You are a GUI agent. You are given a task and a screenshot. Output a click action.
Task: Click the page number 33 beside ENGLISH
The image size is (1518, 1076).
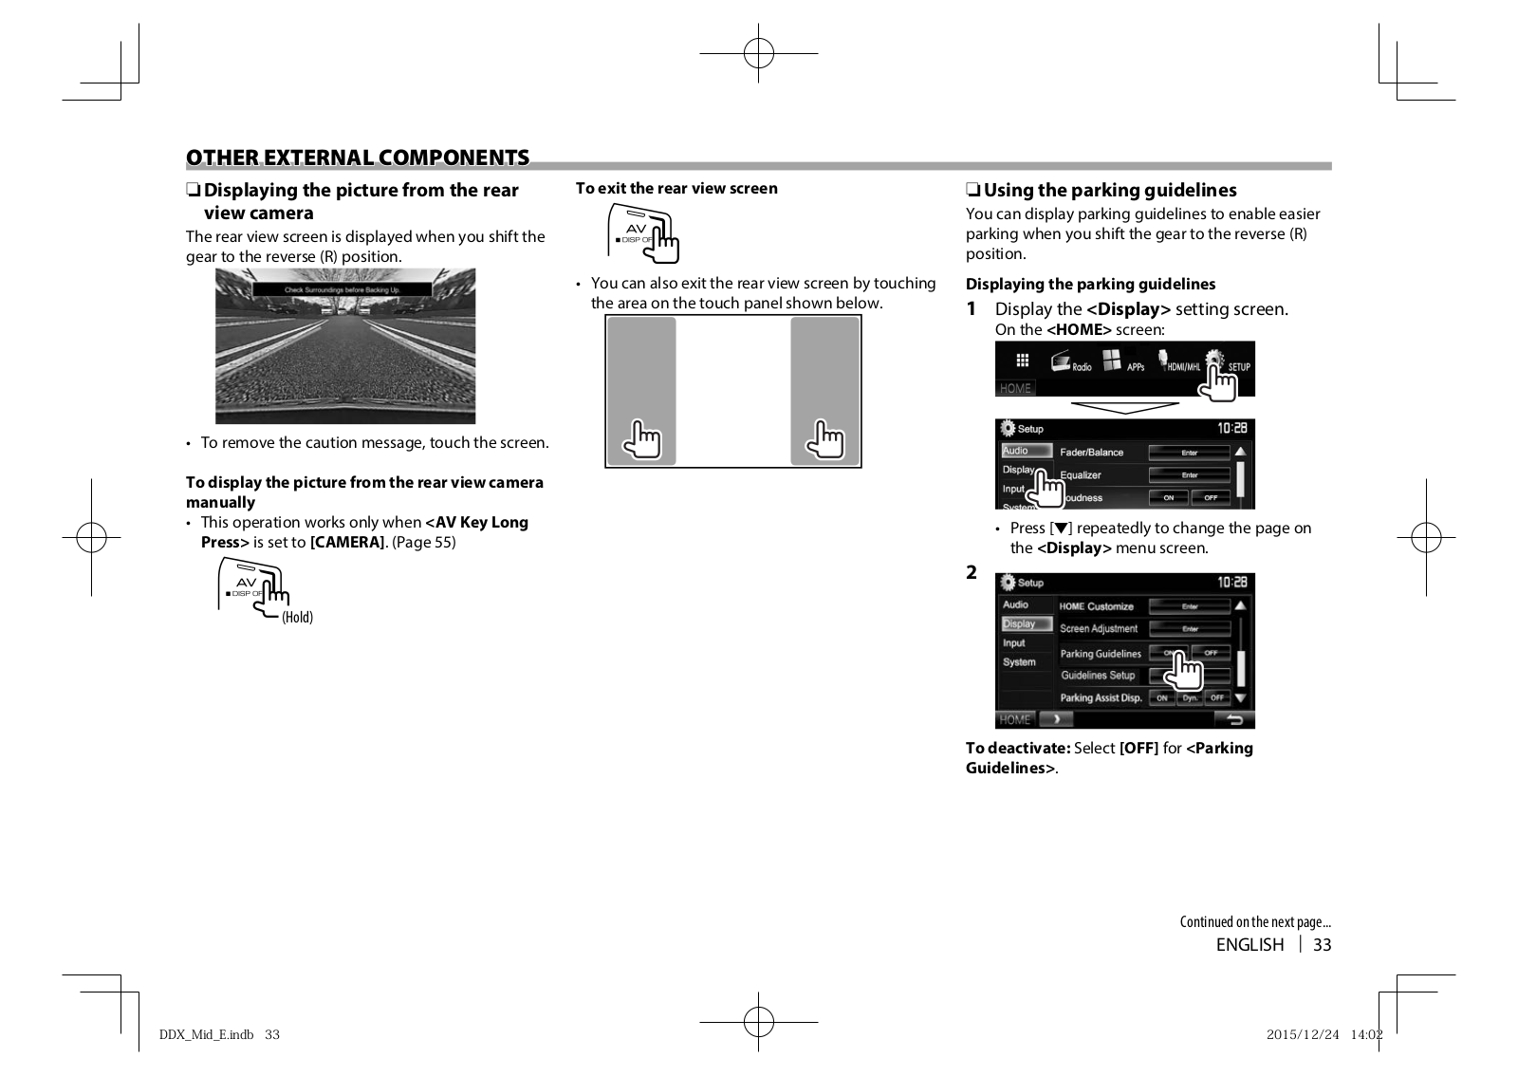coord(1322,945)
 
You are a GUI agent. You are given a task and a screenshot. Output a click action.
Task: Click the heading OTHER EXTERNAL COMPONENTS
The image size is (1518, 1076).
coord(358,158)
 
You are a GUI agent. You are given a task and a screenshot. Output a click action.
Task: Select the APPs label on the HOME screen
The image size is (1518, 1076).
coord(1136,367)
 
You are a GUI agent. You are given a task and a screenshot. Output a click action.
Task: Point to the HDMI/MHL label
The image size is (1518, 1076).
coord(1183,367)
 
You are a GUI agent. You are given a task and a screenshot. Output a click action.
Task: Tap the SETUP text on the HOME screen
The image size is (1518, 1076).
coord(1239,367)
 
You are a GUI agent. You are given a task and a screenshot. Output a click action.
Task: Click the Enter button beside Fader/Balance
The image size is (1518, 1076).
coord(1189,453)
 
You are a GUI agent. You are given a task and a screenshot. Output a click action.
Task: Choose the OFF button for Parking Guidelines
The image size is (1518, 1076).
coord(1211,653)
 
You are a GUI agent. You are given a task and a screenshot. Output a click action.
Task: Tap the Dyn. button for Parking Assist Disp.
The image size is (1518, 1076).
coord(1190,697)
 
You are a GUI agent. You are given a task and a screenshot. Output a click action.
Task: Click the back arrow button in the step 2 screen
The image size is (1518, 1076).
coord(1234,719)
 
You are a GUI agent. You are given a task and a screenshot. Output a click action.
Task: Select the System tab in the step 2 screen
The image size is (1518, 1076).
coord(1019,662)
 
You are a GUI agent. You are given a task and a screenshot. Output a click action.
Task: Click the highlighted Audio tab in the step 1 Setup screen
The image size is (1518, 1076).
coord(1016,451)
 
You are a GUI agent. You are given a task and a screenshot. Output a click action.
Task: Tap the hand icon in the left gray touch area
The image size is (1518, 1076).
coord(642,439)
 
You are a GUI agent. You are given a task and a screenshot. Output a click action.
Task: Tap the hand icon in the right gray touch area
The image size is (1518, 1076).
coord(824,439)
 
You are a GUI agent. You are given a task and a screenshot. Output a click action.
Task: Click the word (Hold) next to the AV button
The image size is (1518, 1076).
coord(297,618)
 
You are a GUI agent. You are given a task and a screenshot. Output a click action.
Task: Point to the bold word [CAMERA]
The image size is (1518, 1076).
coord(347,543)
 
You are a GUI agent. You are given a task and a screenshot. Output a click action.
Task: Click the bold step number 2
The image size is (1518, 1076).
coord(972,572)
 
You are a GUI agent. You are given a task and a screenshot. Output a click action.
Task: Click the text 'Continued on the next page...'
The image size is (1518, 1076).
coord(1254,922)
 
